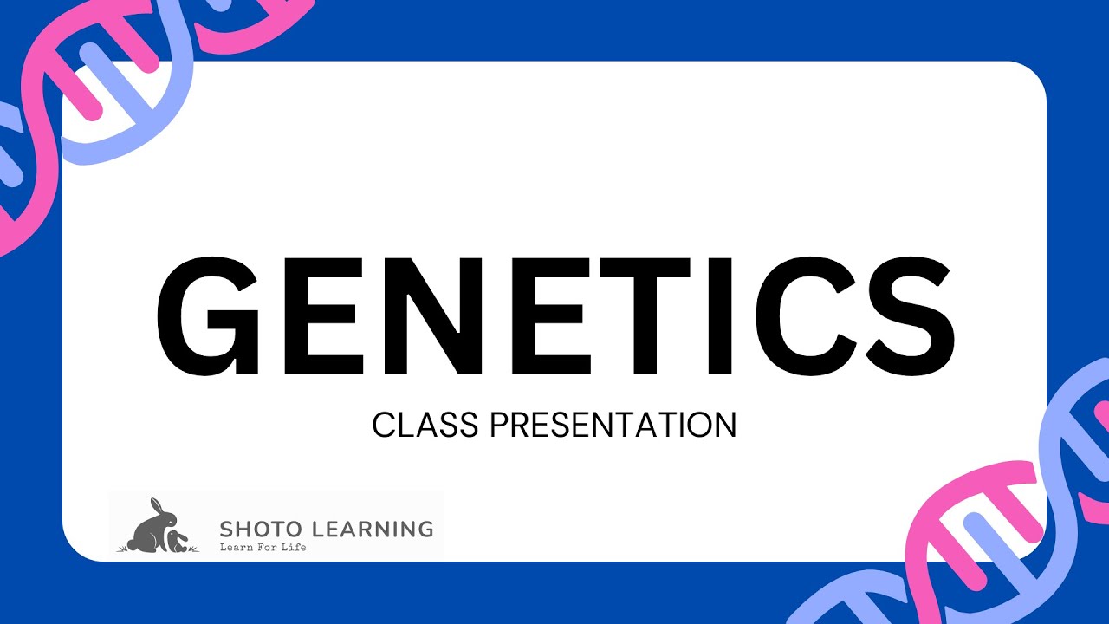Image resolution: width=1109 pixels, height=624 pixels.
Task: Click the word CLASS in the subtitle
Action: coord(425,425)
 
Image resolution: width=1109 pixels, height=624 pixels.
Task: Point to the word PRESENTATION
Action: coord(613,425)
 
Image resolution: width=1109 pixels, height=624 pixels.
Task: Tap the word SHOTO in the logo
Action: coord(256,528)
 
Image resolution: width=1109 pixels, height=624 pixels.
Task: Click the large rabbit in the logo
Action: coord(151,530)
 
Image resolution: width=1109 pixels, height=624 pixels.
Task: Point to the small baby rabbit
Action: coord(177,542)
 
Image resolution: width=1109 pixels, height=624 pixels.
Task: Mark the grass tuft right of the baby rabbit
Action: coord(193,549)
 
